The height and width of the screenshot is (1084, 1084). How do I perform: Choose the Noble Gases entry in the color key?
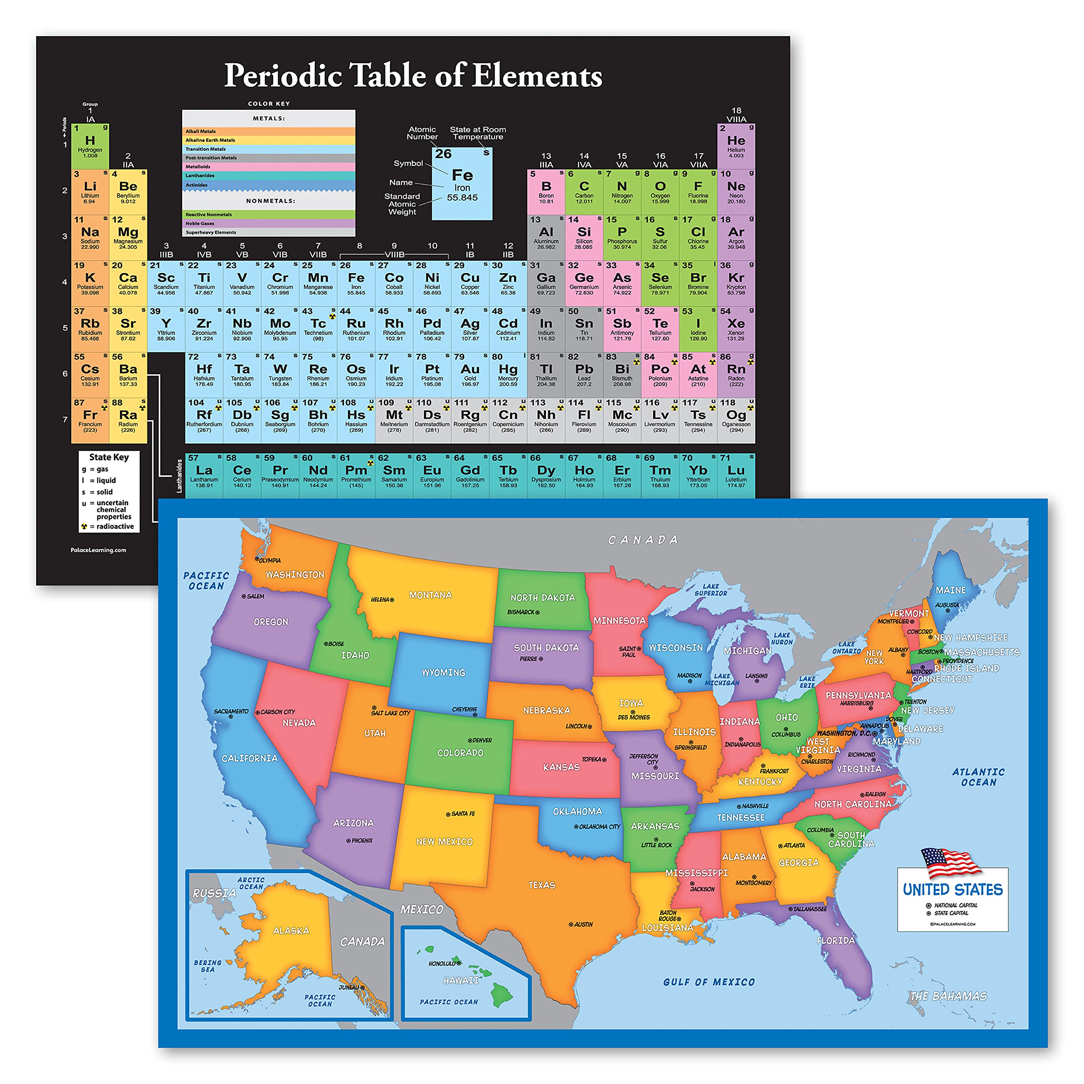click(268, 223)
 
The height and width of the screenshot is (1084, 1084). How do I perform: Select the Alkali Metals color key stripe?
click(268, 131)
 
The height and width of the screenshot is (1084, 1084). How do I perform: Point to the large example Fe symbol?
click(462, 175)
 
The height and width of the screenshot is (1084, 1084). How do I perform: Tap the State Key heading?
click(109, 457)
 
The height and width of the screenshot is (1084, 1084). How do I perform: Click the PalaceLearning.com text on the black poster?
click(98, 550)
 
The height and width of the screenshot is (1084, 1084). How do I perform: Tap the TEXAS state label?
click(542, 885)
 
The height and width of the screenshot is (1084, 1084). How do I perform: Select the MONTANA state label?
click(430, 595)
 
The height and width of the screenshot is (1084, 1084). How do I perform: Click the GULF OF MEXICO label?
click(709, 982)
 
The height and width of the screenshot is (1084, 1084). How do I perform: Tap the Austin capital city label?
click(582, 924)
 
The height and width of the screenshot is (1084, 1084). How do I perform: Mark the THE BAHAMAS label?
click(948, 996)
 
